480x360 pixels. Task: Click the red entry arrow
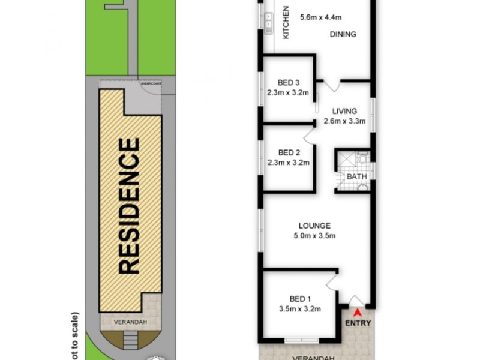(x=358, y=312)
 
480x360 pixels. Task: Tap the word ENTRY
(x=358, y=323)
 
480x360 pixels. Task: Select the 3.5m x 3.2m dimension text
(x=299, y=310)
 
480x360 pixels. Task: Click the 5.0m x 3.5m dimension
(x=314, y=236)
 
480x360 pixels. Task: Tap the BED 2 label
(x=289, y=152)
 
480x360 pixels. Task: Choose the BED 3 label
(x=289, y=83)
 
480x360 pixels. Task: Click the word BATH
(x=356, y=178)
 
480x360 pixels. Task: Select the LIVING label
(x=344, y=111)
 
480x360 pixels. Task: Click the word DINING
(x=343, y=34)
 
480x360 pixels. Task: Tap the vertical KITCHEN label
(x=286, y=22)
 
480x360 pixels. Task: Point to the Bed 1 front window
(x=301, y=341)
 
